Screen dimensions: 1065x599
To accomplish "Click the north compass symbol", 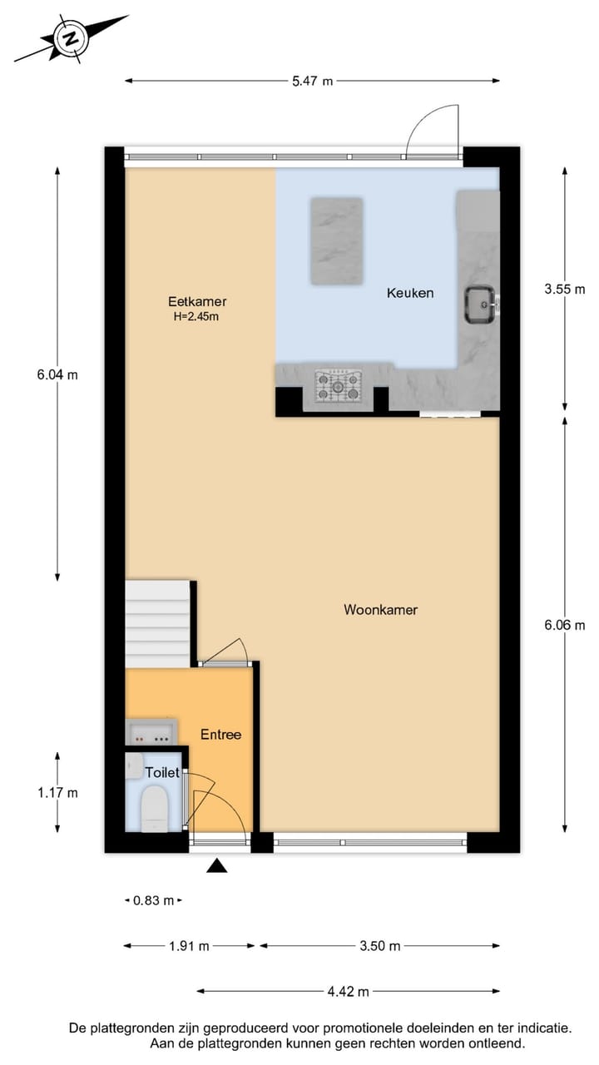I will click(72, 37).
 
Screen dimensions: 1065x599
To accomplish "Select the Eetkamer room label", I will click(196, 302).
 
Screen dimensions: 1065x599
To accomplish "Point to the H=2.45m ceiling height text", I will click(196, 316).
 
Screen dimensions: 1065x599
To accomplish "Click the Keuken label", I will click(410, 293).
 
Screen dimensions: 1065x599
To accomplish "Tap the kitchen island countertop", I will click(336, 240).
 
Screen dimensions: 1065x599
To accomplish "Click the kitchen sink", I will click(480, 304).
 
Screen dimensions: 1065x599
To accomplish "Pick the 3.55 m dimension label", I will click(565, 290).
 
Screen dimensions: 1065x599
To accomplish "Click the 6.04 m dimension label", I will click(57, 374).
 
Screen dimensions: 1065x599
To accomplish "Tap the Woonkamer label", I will click(380, 610).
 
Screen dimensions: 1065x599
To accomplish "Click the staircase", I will click(158, 624).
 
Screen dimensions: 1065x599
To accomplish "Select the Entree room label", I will click(220, 735).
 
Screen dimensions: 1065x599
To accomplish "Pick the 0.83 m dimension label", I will click(153, 900).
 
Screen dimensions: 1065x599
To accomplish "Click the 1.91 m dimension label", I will click(188, 946).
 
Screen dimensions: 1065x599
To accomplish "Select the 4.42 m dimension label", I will click(347, 991).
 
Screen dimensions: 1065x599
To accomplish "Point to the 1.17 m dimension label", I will click(57, 793).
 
